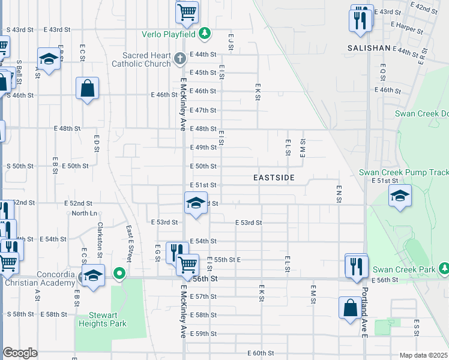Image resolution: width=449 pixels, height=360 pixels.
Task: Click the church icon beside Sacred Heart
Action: pos(180,59)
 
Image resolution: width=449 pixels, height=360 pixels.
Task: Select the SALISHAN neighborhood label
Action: pos(369,47)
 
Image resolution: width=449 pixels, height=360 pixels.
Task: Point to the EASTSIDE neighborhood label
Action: pos(274,178)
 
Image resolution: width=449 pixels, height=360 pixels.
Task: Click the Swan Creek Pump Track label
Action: pos(403,172)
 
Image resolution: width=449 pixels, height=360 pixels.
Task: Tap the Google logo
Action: pos(20,353)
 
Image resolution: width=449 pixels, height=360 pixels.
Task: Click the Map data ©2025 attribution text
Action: pos(423,355)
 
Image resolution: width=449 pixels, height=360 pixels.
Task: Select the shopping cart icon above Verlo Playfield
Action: pos(187,11)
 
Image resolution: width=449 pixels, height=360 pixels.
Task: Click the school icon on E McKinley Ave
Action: pos(196,202)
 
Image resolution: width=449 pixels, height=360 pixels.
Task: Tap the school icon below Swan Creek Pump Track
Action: pos(400,196)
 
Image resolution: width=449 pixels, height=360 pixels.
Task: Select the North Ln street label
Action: pos(84,213)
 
